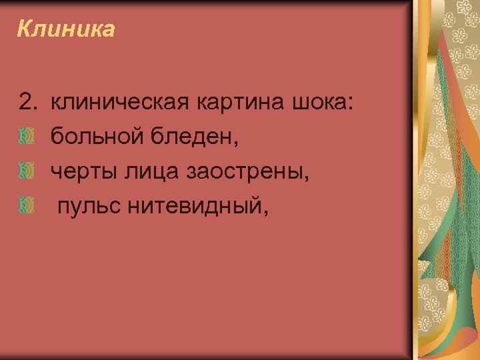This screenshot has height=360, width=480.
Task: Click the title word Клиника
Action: coord(66,29)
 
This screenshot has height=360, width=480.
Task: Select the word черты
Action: coord(82,173)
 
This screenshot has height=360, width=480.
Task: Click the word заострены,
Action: coord(251,173)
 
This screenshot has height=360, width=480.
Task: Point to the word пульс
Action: coord(87,209)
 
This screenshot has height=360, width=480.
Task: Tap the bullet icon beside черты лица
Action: coord(26,172)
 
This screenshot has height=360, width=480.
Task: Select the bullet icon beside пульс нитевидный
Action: coord(26,208)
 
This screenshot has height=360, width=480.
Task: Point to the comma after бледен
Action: coord(236,142)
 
